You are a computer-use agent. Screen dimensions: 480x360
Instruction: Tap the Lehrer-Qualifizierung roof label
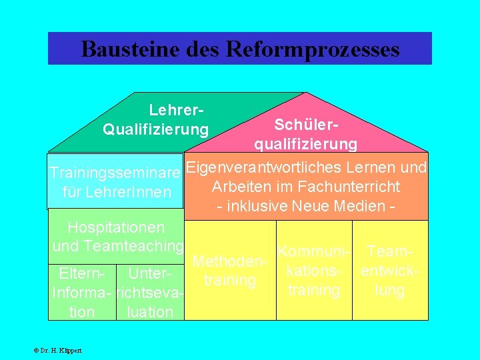click(155, 118)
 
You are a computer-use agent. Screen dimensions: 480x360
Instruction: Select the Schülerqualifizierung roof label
click(305, 134)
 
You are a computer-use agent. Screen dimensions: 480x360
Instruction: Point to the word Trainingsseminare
click(115, 173)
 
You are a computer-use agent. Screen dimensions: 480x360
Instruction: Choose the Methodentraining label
click(230, 271)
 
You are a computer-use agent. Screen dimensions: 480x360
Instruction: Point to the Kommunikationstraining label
click(313, 272)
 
